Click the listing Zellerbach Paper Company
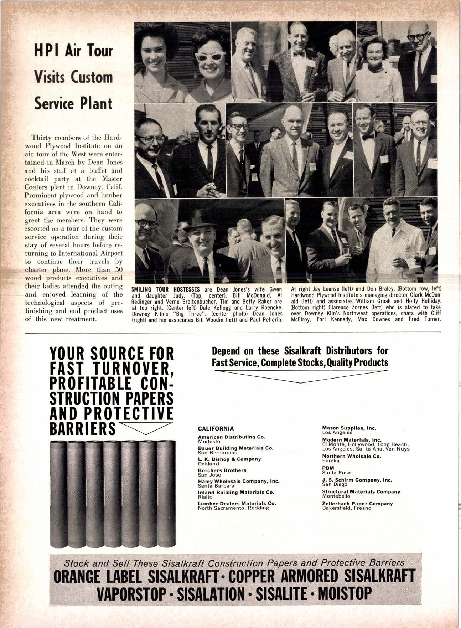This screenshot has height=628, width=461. pyautogui.click(x=357, y=504)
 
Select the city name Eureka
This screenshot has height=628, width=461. pyautogui.click(x=330, y=460)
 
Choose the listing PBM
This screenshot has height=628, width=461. pyautogui.click(x=327, y=468)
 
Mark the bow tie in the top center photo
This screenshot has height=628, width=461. pyautogui.click(x=299, y=53)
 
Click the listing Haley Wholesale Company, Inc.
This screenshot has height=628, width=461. pyautogui.click(x=238, y=481)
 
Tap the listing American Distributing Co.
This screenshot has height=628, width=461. pyautogui.click(x=232, y=437)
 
